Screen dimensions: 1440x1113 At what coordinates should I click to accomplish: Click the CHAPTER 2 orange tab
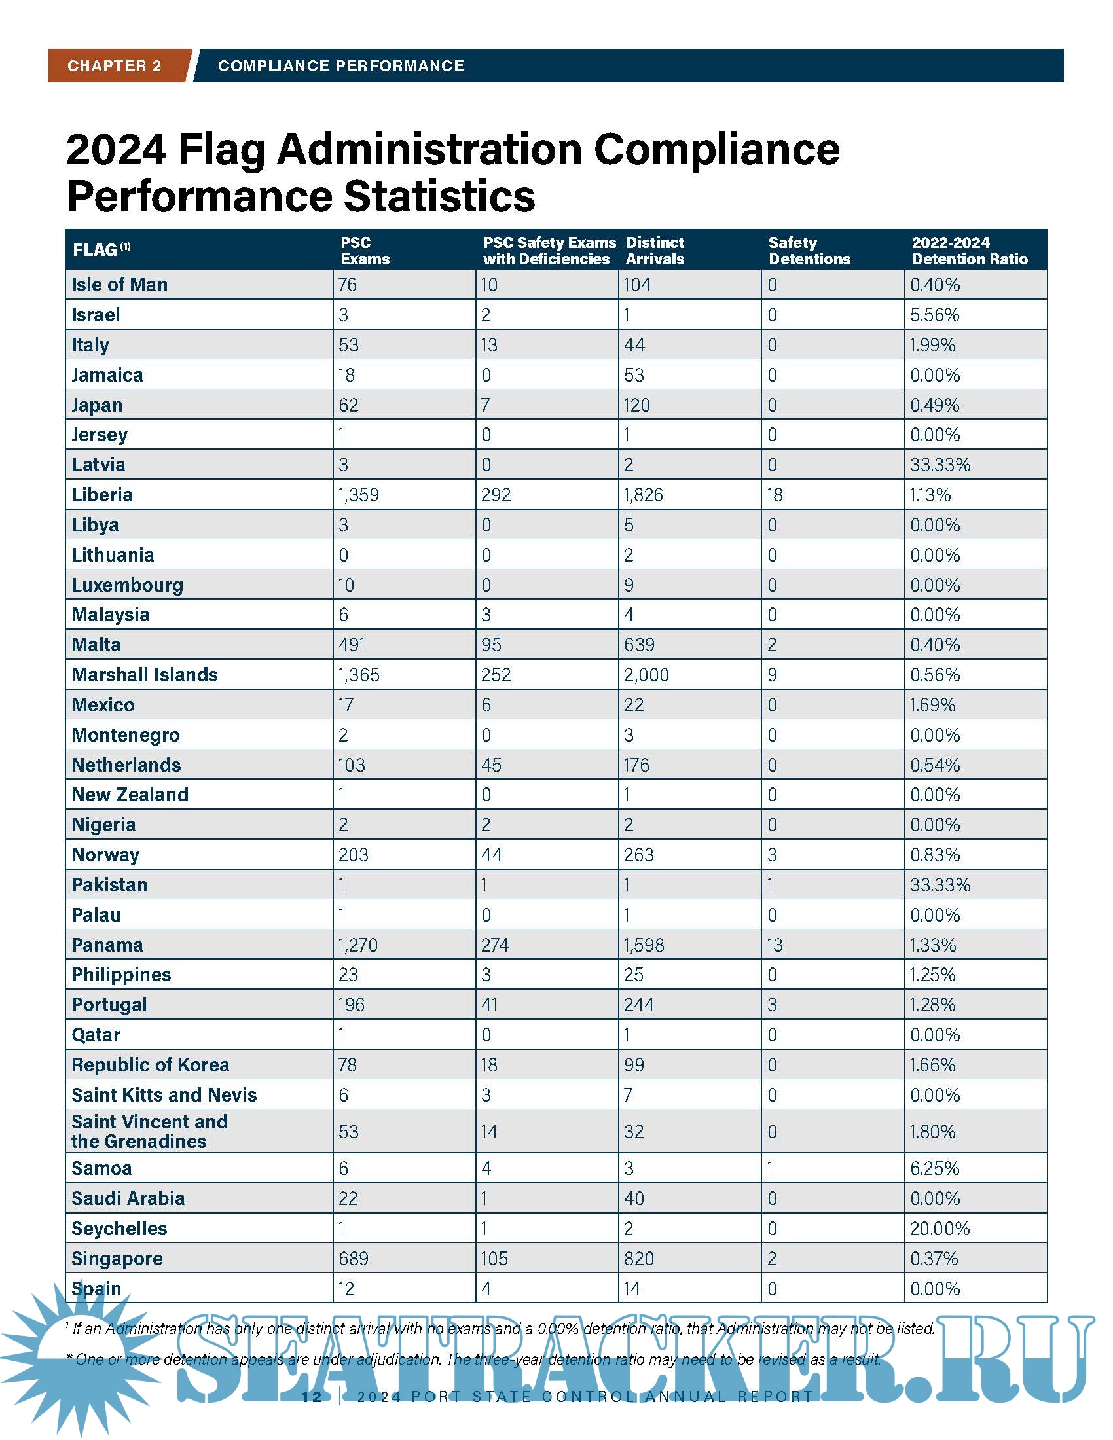[114, 66]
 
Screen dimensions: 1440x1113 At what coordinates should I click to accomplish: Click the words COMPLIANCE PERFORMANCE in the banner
[341, 66]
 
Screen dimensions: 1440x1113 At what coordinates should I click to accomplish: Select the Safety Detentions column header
[809, 251]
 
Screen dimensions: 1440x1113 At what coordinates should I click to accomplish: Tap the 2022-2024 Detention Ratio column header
[969, 251]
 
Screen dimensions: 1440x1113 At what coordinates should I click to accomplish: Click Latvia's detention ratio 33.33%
[940, 465]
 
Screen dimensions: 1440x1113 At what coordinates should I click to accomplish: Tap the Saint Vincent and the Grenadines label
[150, 1132]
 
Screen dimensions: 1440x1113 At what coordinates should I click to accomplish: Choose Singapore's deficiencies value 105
[494, 1259]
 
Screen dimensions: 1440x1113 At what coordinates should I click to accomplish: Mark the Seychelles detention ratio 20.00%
[940, 1229]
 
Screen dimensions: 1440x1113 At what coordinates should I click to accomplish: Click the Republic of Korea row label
[151, 1065]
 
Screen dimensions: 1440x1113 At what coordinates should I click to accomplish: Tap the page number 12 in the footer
[311, 1397]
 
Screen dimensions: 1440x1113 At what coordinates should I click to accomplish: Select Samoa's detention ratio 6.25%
[934, 1168]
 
